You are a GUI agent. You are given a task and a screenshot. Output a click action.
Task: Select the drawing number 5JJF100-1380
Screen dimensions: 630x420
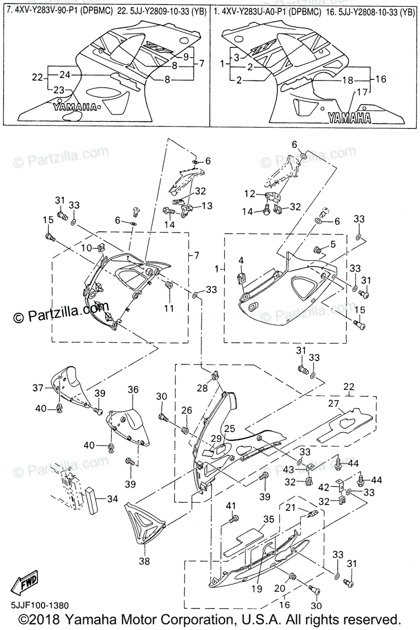click(37, 605)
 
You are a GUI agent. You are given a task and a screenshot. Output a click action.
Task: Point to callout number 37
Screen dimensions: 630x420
click(37, 388)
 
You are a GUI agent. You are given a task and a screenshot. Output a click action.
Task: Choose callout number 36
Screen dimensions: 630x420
click(133, 390)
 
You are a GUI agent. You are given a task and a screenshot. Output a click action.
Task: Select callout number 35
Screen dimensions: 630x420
click(254, 520)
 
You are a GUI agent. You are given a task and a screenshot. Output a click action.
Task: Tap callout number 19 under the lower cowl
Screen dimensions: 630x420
click(256, 589)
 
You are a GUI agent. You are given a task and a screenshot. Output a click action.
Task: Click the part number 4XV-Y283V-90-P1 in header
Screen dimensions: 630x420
click(42, 10)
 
